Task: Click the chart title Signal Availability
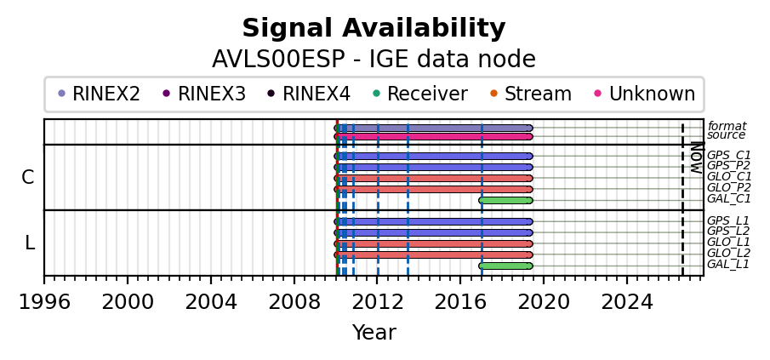pos(374,28)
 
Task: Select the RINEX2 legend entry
pos(100,94)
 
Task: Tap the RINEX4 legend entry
pos(309,94)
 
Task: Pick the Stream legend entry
pos(531,94)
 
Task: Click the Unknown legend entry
pos(645,94)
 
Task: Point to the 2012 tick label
pos(377,302)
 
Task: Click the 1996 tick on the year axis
pos(44,279)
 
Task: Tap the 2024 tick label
pos(627,302)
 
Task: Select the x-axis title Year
pos(374,333)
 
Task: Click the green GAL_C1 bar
pos(505,200)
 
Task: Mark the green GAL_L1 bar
pos(505,266)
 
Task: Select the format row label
pos(727,126)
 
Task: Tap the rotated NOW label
pos(696,157)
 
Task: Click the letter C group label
pos(28,177)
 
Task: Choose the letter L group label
pos(30,243)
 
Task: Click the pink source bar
pos(434,136)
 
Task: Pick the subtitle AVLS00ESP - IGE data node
pos(374,60)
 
